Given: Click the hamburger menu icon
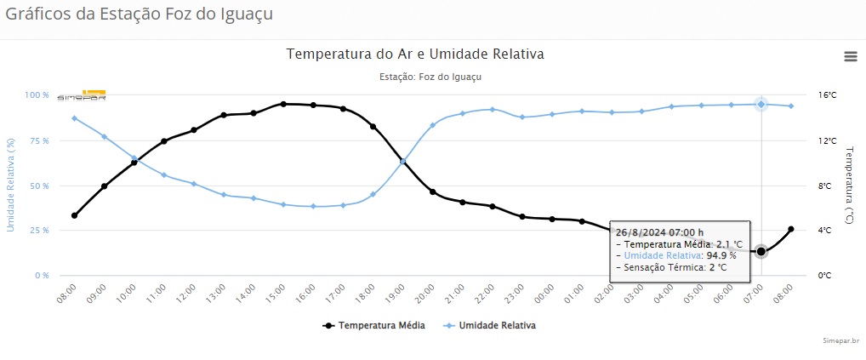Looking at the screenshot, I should pyautogui.click(x=850, y=56).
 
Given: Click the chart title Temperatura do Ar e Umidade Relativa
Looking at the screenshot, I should pyautogui.click(x=415, y=54).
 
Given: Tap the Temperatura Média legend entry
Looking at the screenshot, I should pyautogui.click(x=379, y=325).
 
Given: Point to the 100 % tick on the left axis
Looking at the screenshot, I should pyautogui.click(x=36, y=95).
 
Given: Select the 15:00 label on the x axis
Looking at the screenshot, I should pyautogui.click(x=276, y=294).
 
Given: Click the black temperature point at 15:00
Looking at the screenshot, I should pyautogui.click(x=283, y=104).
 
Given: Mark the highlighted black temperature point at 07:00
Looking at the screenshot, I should pyautogui.click(x=761, y=251).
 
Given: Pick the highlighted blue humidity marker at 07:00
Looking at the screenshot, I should pyautogui.click(x=761, y=104).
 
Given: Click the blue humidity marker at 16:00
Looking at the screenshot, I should pyautogui.click(x=313, y=206).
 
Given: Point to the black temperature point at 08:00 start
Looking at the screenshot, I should pyautogui.click(x=74, y=215).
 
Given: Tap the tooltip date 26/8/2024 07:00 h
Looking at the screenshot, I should pyautogui.click(x=659, y=231).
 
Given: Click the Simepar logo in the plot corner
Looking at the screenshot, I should pyautogui.click(x=82, y=95).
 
